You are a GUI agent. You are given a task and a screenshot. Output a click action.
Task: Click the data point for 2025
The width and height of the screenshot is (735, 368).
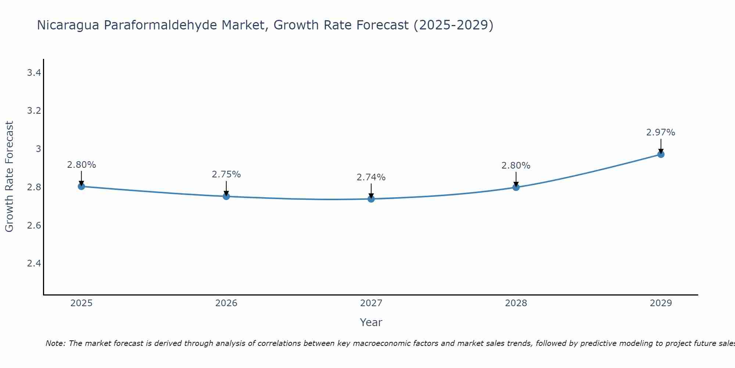82,186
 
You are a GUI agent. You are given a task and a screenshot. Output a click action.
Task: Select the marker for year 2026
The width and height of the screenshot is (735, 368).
226,196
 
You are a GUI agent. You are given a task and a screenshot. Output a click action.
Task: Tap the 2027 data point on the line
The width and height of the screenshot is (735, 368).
371,199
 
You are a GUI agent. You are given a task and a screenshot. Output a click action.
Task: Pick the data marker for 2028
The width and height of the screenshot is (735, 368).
516,187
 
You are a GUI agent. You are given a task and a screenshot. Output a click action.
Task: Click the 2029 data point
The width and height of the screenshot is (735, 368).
661,154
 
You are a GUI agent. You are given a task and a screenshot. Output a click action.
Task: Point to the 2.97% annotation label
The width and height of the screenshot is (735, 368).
661,132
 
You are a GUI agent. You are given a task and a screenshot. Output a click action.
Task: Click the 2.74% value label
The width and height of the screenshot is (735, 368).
371,177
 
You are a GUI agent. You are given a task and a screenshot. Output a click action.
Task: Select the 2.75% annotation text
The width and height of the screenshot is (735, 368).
226,174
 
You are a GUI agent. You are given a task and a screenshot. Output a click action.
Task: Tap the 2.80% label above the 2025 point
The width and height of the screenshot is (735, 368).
82,165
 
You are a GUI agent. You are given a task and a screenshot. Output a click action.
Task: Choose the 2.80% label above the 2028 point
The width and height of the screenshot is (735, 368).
516,166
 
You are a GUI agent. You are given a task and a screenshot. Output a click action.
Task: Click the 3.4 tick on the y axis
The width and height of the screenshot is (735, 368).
34,73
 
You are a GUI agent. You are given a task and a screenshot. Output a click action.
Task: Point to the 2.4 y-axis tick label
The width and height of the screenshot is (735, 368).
34,263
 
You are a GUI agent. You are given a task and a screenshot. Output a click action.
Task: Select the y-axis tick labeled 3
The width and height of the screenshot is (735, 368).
38,149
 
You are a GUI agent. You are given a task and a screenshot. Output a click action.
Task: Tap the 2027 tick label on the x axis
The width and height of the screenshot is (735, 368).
371,303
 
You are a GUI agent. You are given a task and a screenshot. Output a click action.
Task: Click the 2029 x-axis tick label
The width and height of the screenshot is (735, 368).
661,303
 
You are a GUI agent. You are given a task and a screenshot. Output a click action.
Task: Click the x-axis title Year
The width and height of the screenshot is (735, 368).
371,322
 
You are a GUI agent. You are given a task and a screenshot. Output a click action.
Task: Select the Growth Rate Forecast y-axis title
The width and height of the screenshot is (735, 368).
9,177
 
